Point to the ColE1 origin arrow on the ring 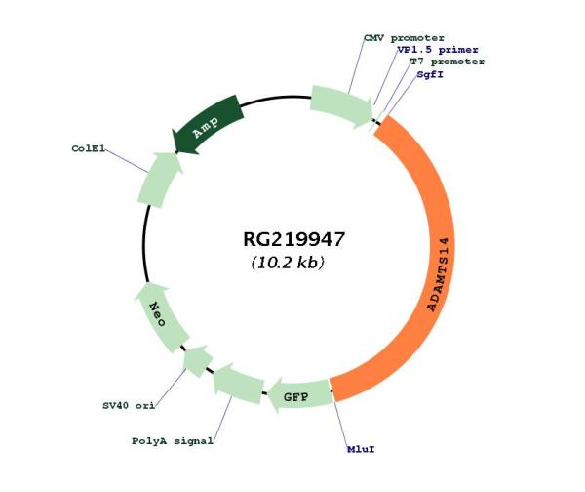(157, 180)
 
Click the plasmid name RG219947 (293, 239)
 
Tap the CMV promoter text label (404, 37)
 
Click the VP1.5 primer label (437, 49)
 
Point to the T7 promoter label (447, 61)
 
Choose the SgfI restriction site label (430, 74)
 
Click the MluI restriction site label (361, 450)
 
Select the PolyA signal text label (173, 441)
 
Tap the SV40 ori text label (129, 404)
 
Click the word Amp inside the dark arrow (205, 127)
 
